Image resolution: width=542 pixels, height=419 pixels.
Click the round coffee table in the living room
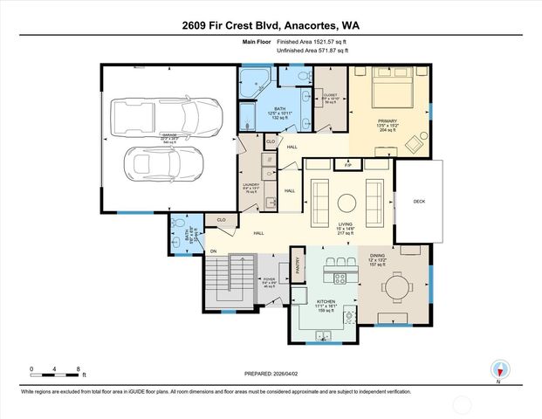(346, 202)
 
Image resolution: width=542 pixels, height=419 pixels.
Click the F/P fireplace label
(347, 164)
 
